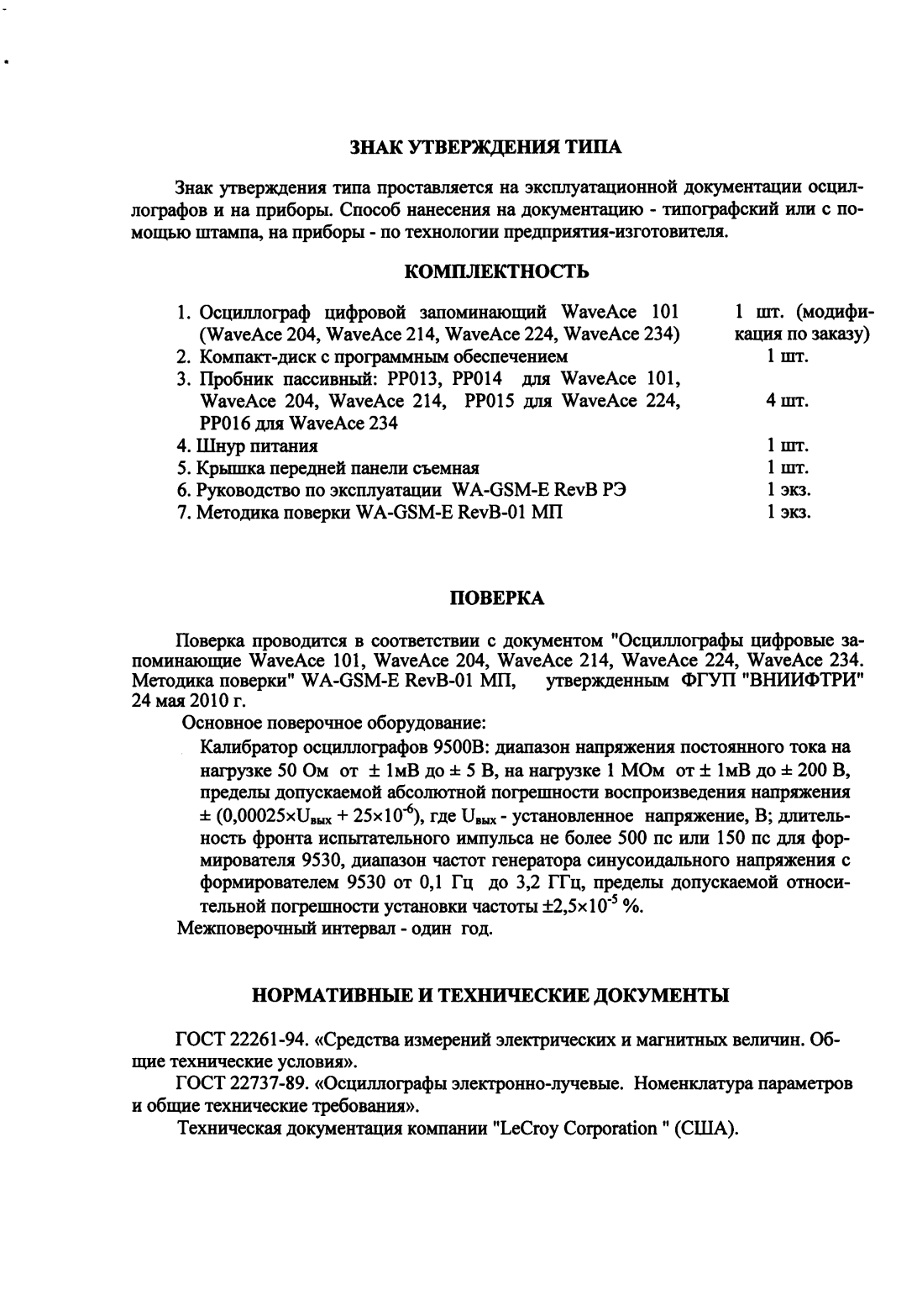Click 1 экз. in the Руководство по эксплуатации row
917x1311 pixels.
click(788, 489)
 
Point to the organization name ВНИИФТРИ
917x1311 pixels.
click(798, 679)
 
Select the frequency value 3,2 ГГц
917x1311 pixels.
click(543, 883)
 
